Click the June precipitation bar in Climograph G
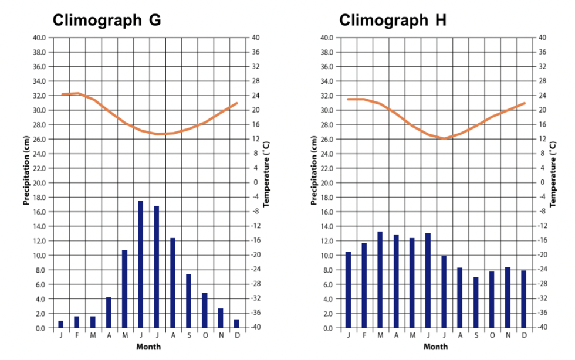[141, 264]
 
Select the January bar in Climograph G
[61, 324]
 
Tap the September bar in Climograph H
[476, 303]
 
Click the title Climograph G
[107, 21]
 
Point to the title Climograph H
[393, 21]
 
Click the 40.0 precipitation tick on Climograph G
[39, 38]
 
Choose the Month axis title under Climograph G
[148, 347]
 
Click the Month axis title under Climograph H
[436, 347]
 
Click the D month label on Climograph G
[236, 335]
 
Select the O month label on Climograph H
[492, 335]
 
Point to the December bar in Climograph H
[524, 299]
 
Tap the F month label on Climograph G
[77, 335]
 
